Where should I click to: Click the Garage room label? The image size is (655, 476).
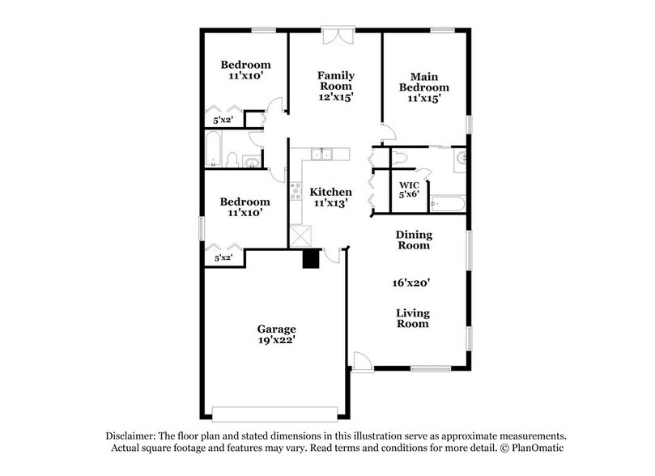pyautogui.click(x=276, y=329)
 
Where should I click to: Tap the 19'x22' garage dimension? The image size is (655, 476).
pyautogui.click(x=276, y=340)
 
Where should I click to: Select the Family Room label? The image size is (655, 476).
pyautogui.click(x=335, y=79)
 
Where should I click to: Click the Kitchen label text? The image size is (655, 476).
pyautogui.click(x=330, y=192)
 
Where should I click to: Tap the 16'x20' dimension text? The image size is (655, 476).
pyautogui.click(x=412, y=283)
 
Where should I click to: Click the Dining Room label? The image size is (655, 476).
pyautogui.click(x=413, y=240)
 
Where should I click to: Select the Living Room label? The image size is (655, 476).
pyautogui.click(x=412, y=318)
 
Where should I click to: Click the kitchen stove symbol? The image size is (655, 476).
pyautogui.click(x=296, y=193)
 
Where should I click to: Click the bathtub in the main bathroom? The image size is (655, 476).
pyautogui.click(x=446, y=203)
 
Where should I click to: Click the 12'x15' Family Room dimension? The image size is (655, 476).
pyautogui.click(x=335, y=96)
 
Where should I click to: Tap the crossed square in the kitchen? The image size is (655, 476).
pyautogui.click(x=302, y=236)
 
